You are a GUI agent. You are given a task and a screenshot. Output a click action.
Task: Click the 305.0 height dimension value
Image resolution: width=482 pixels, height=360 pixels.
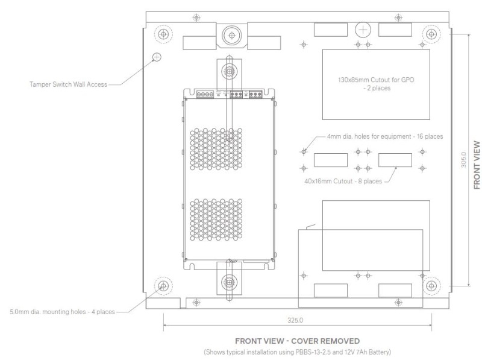(462, 159)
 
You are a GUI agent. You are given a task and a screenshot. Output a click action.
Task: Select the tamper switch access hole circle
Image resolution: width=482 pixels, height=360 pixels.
(157, 57)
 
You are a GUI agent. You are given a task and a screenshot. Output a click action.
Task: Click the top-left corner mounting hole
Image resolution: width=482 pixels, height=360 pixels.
(162, 34)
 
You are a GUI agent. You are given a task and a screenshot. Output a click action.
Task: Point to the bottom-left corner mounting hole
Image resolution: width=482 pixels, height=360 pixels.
(162, 285)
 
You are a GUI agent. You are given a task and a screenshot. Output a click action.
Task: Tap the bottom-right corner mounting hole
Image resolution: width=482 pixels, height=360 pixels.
(430, 285)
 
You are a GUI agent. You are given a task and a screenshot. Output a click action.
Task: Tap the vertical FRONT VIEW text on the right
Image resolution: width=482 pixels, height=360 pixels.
(477, 166)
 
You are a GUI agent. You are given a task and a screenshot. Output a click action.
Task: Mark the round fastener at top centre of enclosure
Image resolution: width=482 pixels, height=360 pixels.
(229, 35)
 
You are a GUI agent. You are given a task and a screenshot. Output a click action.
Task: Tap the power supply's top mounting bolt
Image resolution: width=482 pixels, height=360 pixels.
(230, 72)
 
